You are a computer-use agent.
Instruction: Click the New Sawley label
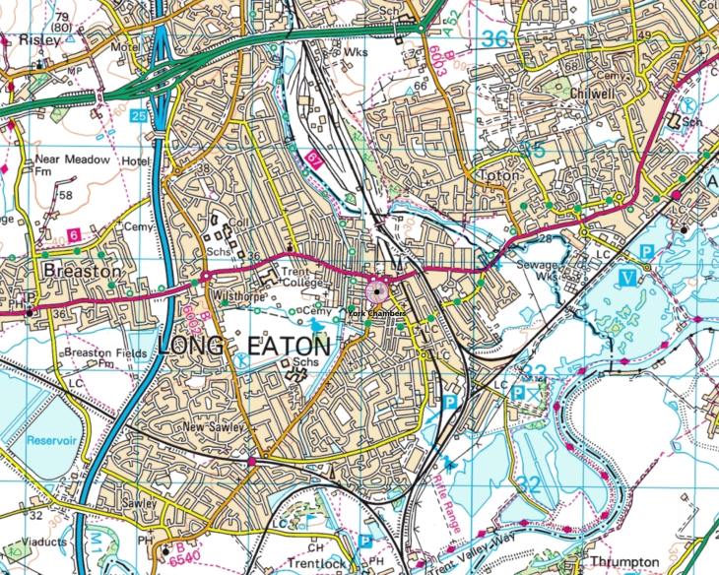[x=212, y=428]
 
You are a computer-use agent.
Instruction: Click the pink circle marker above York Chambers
[x=377, y=290]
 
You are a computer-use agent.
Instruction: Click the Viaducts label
[x=25, y=542]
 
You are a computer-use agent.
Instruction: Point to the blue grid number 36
[x=499, y=39]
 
